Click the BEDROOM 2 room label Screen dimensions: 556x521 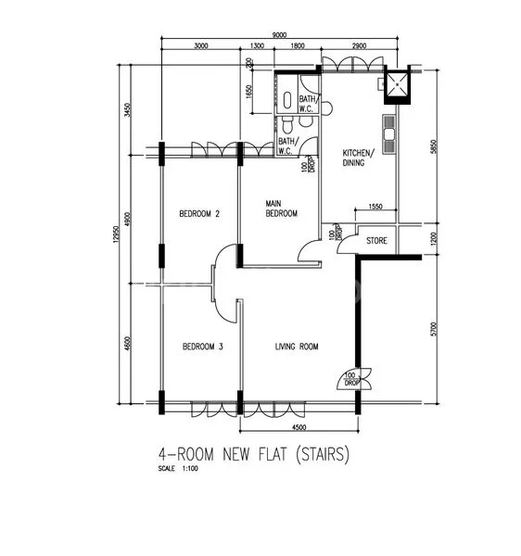click(x=199, y=214)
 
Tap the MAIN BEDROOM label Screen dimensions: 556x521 click(x=281, y=208)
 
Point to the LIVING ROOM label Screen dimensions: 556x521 click(x=297, y=347)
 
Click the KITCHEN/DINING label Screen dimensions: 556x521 click(x=359, y=158)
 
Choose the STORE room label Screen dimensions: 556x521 click(x=376, y=241)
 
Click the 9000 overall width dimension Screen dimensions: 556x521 click(x=279, y=36)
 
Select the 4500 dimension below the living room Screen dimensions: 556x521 click(x=298, y=428)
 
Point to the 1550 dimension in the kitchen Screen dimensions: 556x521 click(x=375, y=207)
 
